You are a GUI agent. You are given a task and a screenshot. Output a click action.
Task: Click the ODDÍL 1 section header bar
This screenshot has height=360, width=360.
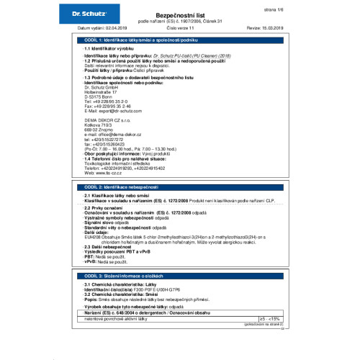pos(180,35)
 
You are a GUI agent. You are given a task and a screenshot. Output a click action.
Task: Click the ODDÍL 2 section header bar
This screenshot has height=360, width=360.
pos(180,186)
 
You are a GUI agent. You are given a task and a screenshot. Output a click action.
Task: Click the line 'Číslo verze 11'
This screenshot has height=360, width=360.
pos(179,27)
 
